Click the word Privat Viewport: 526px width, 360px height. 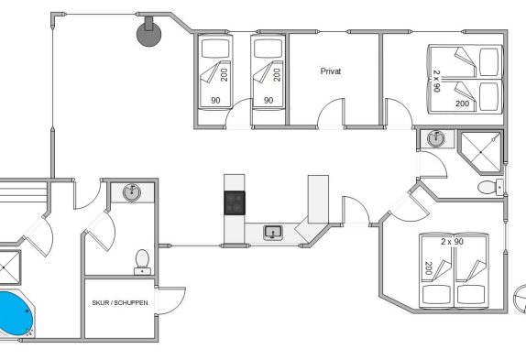331,71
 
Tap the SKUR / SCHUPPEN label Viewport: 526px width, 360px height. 120,302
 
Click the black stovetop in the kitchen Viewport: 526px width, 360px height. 235,202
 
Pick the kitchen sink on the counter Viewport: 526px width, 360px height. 273,233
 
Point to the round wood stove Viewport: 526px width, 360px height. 148,34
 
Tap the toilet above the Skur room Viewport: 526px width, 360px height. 143,262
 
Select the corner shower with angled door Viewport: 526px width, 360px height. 481,152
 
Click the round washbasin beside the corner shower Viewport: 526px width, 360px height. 436,138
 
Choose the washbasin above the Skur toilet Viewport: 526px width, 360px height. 132,192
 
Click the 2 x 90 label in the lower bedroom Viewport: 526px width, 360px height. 452,241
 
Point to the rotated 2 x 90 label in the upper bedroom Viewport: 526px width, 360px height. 437,82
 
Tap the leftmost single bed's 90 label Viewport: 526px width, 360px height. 215,100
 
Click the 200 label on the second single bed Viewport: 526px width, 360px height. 277,75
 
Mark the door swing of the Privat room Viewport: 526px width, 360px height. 331,113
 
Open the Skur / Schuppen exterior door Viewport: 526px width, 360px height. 171,300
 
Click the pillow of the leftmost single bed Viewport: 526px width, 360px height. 215,49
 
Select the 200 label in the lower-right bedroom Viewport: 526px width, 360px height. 428,268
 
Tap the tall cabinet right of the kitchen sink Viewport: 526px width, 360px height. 318,199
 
